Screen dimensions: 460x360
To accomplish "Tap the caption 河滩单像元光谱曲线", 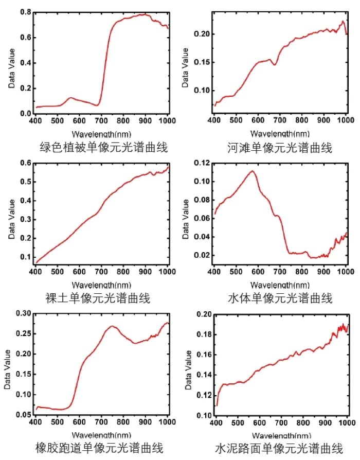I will tap(280, 148).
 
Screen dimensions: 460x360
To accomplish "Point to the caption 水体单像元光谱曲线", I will tap(280, 298).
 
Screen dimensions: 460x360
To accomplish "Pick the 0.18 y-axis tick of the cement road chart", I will tap(203, 334).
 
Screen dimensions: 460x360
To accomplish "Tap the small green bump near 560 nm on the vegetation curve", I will tap(70, 98).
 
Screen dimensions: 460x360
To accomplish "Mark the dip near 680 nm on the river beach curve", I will tap(275, 64).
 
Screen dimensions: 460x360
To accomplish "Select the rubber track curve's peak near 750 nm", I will tap(112, 326).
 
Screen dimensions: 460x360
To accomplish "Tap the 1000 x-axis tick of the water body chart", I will tap(346, 271).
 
